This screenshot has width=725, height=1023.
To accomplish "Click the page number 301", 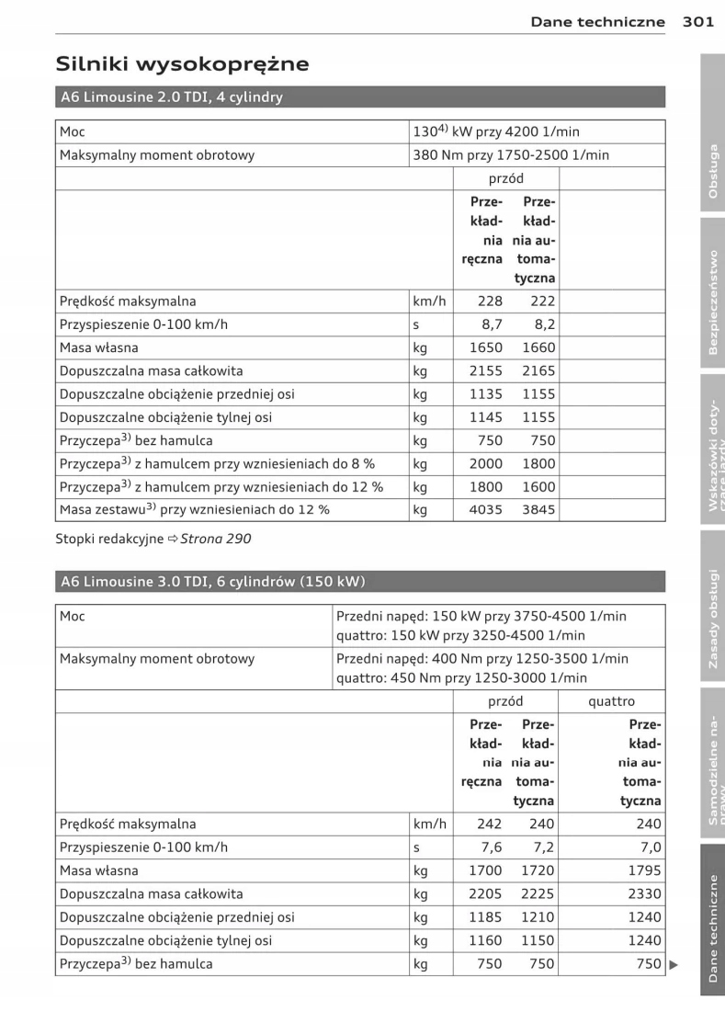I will [698, 22].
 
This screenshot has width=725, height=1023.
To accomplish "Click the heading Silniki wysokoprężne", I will [182, 64].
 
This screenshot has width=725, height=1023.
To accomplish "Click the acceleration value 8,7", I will [492, 324].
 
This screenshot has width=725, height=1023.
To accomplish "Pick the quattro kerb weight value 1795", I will [644, 870].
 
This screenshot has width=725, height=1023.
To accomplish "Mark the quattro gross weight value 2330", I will [644, 893].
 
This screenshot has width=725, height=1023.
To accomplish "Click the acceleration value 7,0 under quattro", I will [650, 847].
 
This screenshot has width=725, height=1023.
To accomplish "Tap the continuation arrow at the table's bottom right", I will [673, 964].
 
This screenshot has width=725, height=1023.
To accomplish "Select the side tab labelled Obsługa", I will [712, 171].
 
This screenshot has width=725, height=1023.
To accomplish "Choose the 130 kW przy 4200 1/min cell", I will [538, 132].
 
